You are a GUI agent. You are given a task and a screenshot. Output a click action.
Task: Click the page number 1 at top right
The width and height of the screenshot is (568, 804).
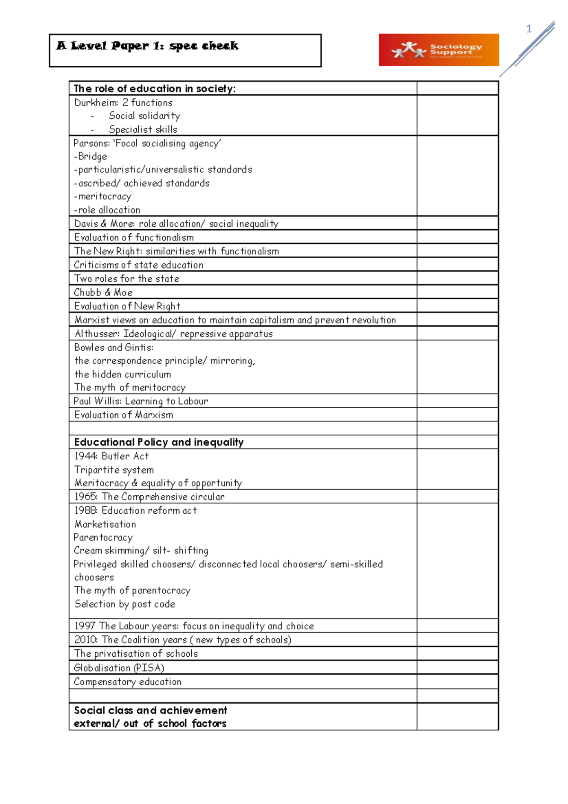pyautogui.click(x=529, y=29)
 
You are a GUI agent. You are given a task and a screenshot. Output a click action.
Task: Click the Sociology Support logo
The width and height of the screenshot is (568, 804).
pyautogui.click(x=438, y=50)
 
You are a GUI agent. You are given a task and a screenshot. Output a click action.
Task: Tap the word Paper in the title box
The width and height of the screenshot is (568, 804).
pyautogui.click(x=130, y=46)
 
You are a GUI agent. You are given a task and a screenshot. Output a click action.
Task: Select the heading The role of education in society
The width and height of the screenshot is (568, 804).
pyautogui.click(x=155, y=89)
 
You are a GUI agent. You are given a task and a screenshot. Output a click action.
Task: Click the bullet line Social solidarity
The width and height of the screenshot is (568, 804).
pyautogui.click(x=144, y=116)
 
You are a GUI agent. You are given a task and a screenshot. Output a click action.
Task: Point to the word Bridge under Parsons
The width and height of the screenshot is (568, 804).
pyautogui.click(x=93, y=156)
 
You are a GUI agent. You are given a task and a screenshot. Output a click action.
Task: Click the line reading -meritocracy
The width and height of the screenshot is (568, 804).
pyautogui.click(x=103, y=197)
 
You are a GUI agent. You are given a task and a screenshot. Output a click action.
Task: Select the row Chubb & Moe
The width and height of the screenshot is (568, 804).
pyautogui.click(x=103, y=292)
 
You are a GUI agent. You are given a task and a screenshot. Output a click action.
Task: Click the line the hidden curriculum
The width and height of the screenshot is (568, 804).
pyautogui.click(x=123, y=374)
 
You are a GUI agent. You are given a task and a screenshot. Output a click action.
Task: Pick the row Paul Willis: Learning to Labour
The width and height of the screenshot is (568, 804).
pyautogui.click(x=141, y=401)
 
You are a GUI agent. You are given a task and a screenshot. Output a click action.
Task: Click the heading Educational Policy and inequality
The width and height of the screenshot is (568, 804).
pyautogui.click(x=159, y=442)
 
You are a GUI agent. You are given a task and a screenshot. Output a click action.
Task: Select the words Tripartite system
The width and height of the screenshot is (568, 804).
pyautogui.click(x=114, y=470)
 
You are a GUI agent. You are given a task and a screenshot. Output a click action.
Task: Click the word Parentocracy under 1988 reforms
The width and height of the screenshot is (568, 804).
pyautogui.click(x=103, y=537)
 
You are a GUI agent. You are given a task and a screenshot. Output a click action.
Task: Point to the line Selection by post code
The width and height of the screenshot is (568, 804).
pyautogui.click(x=125, y=604)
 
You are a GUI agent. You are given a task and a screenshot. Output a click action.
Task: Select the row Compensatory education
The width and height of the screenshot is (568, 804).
pyautogui.click(x=128, y=682)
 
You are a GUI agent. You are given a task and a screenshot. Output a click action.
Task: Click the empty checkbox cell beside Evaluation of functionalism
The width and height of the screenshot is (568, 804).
pyautogui.click(x=457, y=237)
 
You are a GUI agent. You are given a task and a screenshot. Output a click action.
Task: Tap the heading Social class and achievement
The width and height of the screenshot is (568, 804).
pyautogui.click(x=151, y=710)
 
